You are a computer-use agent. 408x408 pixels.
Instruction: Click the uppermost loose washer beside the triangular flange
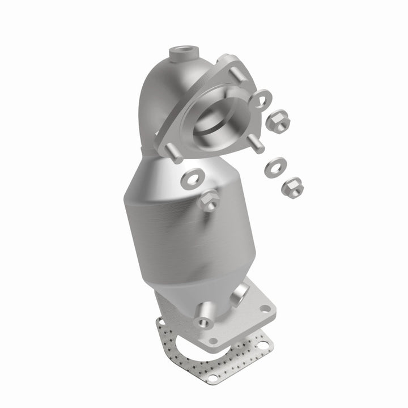(263, 100)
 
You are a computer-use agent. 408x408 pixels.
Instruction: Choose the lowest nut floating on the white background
(291, 185)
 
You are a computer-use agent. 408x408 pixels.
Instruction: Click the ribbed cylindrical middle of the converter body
(170, 227)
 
